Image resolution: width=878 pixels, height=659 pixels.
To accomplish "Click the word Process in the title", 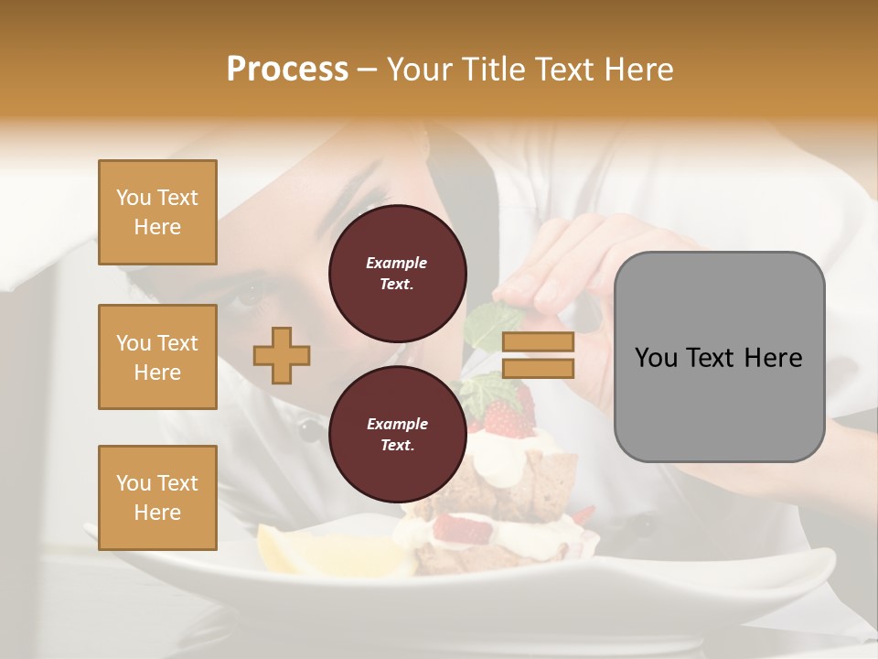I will click(287, 69).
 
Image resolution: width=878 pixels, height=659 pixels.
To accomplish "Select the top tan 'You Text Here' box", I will click(157, 212).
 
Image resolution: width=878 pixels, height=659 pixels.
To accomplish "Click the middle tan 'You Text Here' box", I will click(157, 357).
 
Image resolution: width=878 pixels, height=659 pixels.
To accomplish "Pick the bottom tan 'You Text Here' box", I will click(157, 497).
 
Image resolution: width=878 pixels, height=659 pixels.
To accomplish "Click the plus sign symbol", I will click(282, 356).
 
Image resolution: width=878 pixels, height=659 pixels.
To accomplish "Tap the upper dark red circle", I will click(397, 273).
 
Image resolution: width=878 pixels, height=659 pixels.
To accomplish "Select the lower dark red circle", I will click(397, 434).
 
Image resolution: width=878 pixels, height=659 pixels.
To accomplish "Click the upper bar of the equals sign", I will click(538, 341).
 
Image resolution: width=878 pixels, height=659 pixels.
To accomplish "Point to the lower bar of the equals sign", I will click(538, 368).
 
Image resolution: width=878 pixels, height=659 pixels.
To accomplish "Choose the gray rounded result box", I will click(719, 357).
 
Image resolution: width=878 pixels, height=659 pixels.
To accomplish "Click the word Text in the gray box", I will click(718, 358).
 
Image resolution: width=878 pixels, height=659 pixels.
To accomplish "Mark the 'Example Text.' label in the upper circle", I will click(397, 273).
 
